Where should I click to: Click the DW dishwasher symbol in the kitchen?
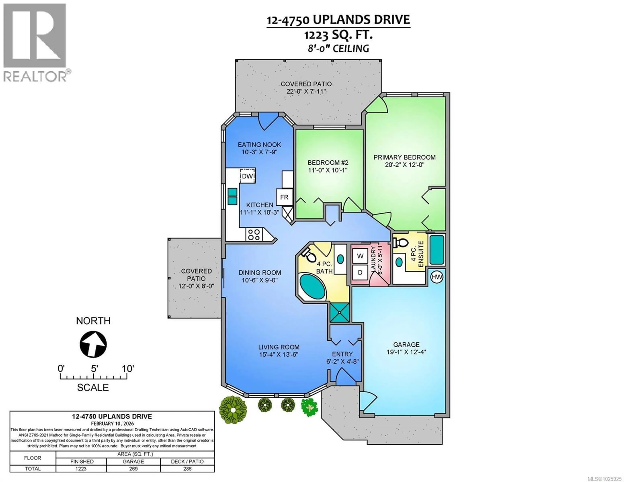coord(247,176)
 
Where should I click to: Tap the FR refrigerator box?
coord(284,197)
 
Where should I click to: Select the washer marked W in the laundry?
coord(360,256)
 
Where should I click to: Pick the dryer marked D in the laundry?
coord(360,273)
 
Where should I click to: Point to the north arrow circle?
coord(93,344)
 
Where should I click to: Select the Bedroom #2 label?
coord(328,163)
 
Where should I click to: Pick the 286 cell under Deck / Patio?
coord(187,469)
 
